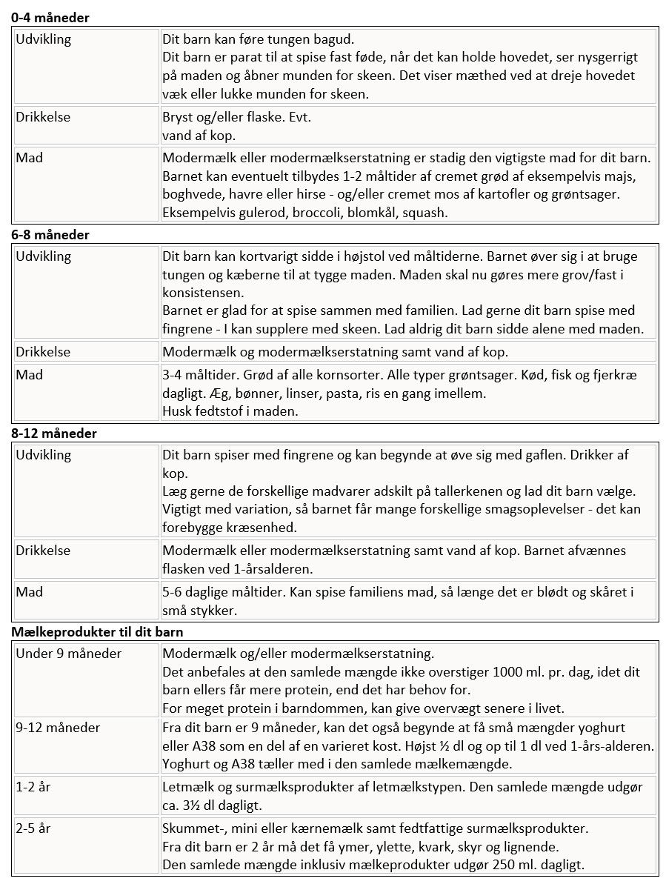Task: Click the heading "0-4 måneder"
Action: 50,18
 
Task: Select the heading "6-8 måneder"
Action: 50,235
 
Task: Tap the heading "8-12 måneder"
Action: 54,433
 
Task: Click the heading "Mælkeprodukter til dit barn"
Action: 97,632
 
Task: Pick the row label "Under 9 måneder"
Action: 68,654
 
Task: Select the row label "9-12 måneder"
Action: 58,728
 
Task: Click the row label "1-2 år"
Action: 33,787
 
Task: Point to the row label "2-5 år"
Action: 33,828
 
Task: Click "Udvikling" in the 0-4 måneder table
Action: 44,39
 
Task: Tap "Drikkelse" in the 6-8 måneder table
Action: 44,352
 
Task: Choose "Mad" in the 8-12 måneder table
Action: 30,592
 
